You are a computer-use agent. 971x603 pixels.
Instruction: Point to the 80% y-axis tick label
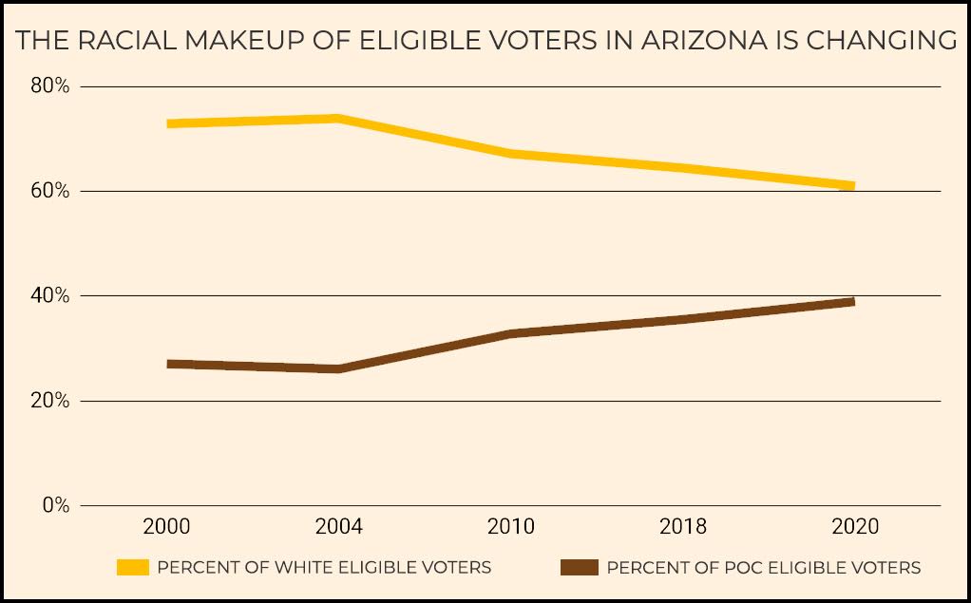[x=49, y=86]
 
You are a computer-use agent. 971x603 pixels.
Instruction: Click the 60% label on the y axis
[x=49, y=191]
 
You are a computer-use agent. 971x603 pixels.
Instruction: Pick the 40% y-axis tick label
[x=49, y=296]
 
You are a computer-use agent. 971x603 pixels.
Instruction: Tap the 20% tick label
[x=49, y=401]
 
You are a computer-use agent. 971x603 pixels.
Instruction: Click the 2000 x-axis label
[x=167, y=527]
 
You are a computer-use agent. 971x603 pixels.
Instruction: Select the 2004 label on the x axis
[x=339, y=527]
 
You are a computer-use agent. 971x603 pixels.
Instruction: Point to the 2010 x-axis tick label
[x=511, y=527]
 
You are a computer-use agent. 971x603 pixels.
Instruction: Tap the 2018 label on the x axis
[x=683, y=527]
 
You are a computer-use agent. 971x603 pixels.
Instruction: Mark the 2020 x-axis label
[x=855, y=527]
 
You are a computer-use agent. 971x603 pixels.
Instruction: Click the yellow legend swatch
[x=133, y=568]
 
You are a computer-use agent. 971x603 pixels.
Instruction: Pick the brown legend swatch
[x=579, y=568]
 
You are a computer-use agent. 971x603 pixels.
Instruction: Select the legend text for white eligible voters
[x=324, y=568]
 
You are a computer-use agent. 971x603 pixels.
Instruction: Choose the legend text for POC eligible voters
[x=764, y=568]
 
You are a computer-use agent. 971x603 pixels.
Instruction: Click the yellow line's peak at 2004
[x=339, y=119]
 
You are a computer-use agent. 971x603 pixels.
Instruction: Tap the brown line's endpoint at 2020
[x=853, y=302]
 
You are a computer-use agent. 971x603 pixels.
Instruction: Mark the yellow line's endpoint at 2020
[x=853, y=186]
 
